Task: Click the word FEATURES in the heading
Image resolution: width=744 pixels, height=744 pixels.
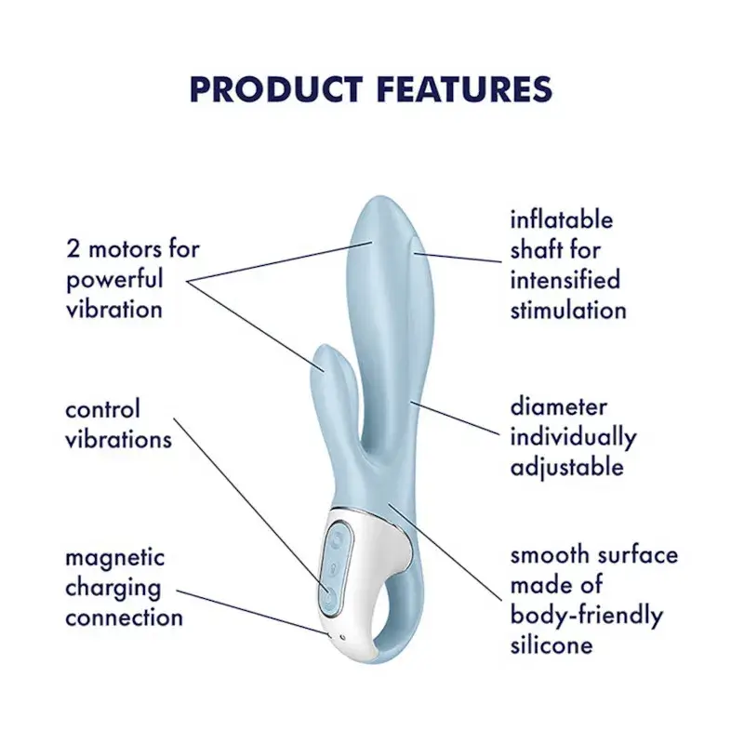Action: (x=465, y=89)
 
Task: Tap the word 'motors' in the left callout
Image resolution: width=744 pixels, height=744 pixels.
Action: (x=126, y=249)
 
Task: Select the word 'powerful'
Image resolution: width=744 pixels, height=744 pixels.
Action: (x=114, y=280)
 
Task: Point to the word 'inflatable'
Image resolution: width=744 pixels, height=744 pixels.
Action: (x=562, y=219)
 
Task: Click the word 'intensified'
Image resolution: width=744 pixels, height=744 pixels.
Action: (x=565, y=280)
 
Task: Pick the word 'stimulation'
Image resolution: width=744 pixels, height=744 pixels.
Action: (x=568, y=310)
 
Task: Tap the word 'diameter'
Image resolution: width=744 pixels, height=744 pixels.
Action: (x=559, y=407)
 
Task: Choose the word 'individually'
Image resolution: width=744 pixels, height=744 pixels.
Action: (x=574, y=438)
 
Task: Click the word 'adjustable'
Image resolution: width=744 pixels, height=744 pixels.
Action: (x=567, y=469)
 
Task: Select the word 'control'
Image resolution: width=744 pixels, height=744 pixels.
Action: (x=103, y=409)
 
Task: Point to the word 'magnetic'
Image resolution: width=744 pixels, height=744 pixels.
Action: (x=115, y=559)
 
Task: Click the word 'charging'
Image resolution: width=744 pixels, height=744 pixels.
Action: (x=113, y=589)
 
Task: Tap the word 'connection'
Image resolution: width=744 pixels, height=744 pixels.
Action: (x=125, y=618)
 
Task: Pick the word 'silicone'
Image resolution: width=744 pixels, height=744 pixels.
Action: (x=551, y=644)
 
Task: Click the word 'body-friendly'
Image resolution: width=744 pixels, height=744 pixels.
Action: (x=587, y=616)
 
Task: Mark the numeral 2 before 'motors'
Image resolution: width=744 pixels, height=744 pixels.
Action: (x=73, y=249)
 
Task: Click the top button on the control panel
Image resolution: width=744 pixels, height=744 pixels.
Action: (x=338, y=539)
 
